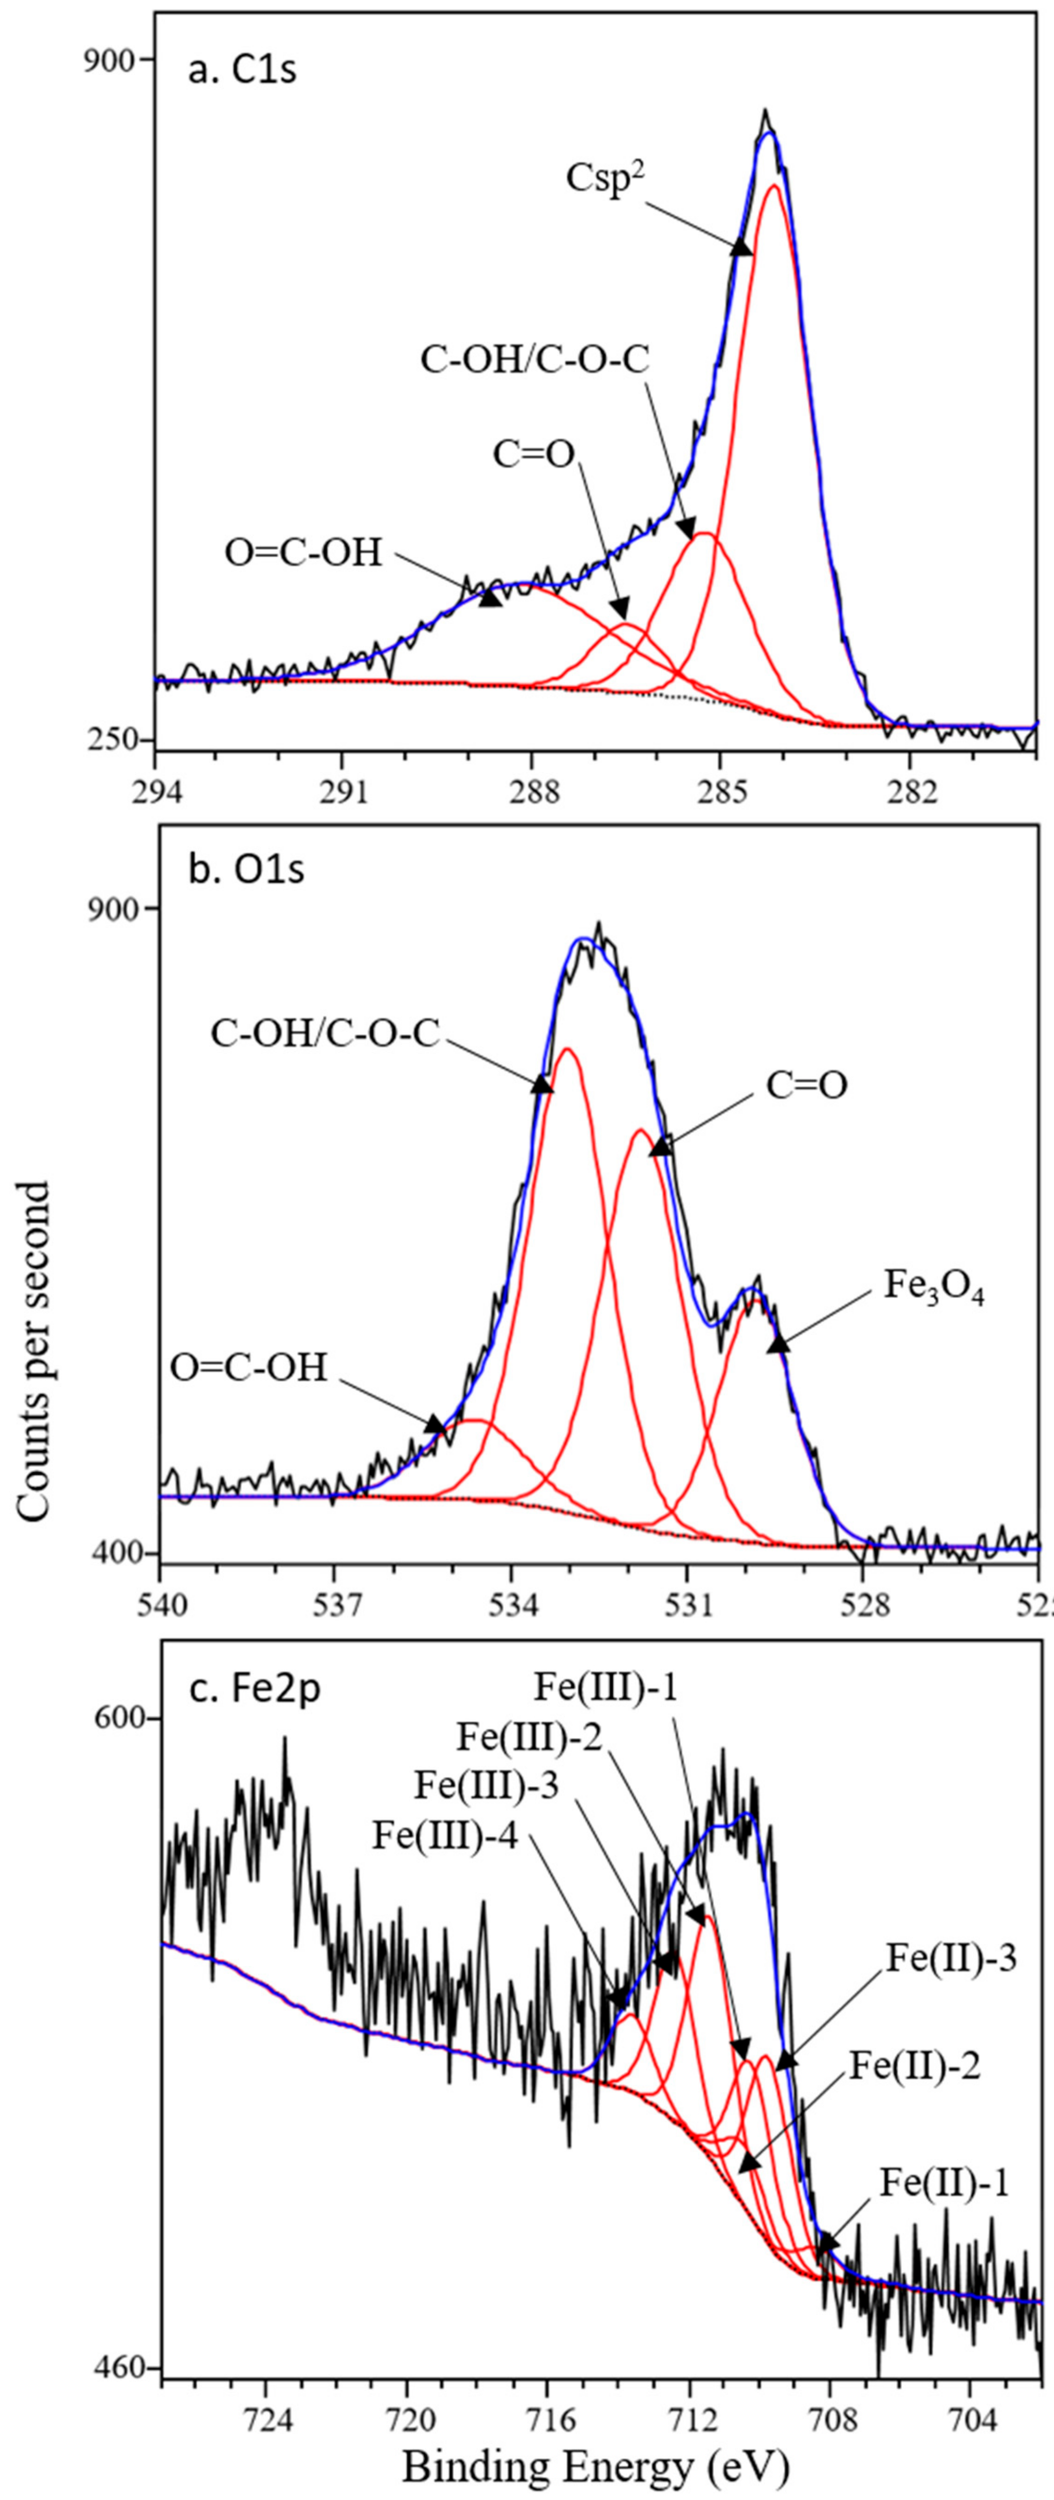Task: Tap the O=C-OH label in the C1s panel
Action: [304, 553]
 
